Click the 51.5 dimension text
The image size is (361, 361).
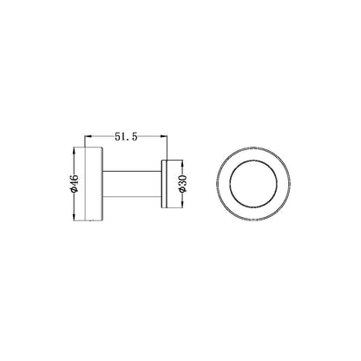126,136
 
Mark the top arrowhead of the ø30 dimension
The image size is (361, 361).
183,162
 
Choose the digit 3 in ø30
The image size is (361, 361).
183,183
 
